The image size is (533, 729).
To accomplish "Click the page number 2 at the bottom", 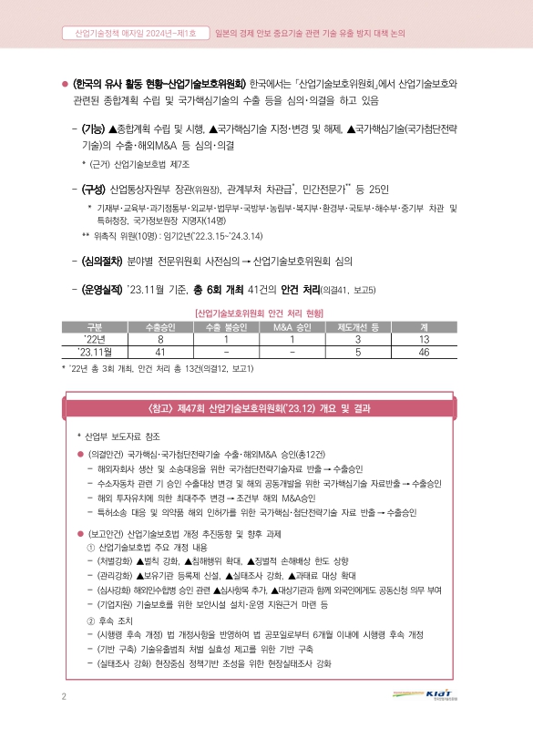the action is pyautogui.click(x=64, y=697).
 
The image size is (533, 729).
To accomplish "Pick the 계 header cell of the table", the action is pyautogui.click(x=424, y=327).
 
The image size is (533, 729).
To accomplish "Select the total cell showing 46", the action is pyautogui.click(x=424, y=352).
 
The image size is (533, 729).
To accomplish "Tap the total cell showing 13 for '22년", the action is pyautogui.click(x=424, y=339).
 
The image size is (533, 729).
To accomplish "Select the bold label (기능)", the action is pyautogui.click(x=94, y=130).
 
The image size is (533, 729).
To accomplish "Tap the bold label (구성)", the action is pyautogui.click(x=94, y=190).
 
